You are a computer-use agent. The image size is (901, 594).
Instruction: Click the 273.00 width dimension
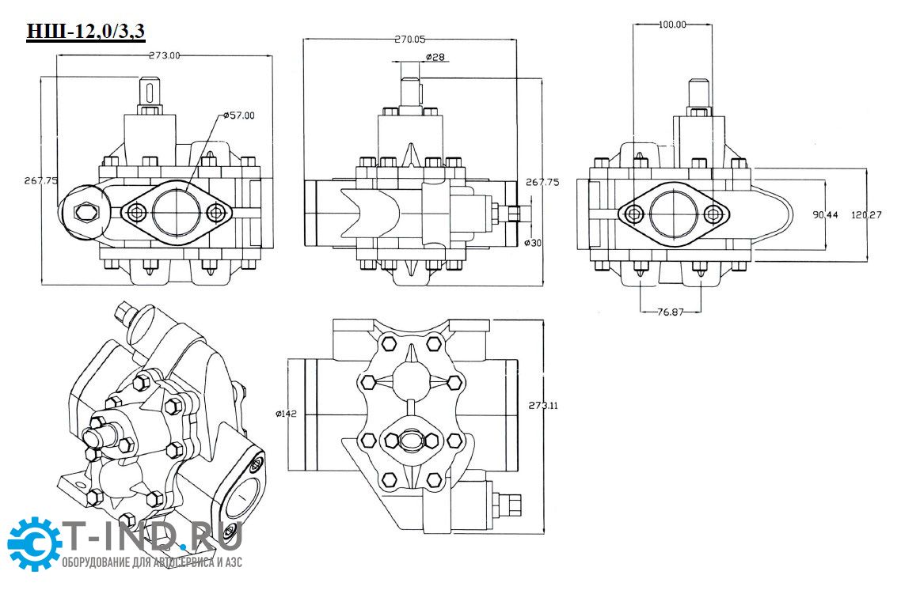click(x=165, y=55)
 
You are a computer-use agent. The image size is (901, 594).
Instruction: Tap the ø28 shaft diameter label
click(x=434, y=58)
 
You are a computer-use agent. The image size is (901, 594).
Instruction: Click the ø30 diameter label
click(x=533, y=242)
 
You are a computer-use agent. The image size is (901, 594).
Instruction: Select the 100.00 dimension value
click(x=672, y=25)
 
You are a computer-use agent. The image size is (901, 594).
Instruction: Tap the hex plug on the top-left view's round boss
click(x=83, y=211)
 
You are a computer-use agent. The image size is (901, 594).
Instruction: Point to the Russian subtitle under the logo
click(x=152, y=562)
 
